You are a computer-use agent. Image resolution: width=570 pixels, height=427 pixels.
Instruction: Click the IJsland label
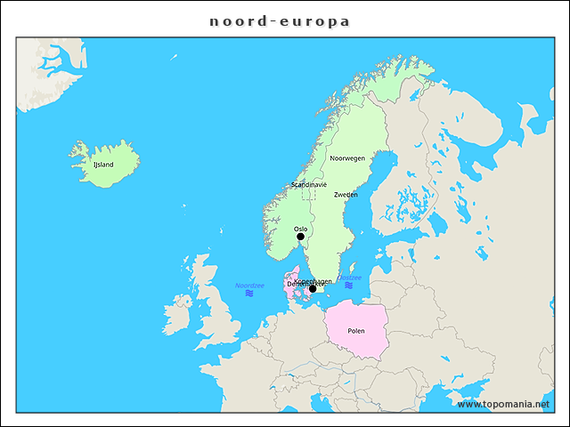tap(103, 165)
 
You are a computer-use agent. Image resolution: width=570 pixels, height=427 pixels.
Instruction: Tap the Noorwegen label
tap(347, 158)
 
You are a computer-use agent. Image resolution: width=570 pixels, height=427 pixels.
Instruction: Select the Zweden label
tap(346, 194)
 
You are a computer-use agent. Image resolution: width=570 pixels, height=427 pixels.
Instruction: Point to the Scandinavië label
tap(309, 184)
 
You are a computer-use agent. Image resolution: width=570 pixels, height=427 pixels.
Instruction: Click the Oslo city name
tap(300, 229)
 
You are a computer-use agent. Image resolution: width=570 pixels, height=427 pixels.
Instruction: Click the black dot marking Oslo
tap(300, 237)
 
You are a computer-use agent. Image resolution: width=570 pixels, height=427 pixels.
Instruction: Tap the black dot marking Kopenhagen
tap(313, 288)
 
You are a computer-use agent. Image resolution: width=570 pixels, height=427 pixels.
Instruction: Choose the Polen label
tap(356, 331)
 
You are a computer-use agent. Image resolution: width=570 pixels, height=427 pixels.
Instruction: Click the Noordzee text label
tap(249, 285)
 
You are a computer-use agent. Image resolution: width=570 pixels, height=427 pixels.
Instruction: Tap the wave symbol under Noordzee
tap(249, 293)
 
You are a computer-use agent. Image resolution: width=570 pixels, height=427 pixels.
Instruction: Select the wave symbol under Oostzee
tap(349, 285)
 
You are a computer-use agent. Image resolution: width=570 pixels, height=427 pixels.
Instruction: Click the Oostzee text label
tap(350, 277)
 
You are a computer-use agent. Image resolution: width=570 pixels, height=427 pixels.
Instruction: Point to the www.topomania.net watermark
tap(503, 404)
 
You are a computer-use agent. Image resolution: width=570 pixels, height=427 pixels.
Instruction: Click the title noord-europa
tap(280, 20)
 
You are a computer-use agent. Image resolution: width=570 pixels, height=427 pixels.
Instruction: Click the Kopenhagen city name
tap(313, 281)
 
